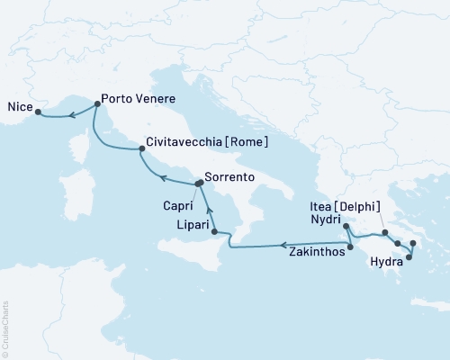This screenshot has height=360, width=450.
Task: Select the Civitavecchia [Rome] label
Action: tap(206, 142)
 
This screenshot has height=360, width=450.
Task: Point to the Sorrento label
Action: tap(230, 178)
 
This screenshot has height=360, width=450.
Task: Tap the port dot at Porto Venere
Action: tap(97, 103)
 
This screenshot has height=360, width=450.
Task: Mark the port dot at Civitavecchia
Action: tap(140, 150)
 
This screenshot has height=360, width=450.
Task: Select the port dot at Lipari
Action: tap(214, 232)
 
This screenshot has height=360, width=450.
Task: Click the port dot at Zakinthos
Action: tap(350, 246)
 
